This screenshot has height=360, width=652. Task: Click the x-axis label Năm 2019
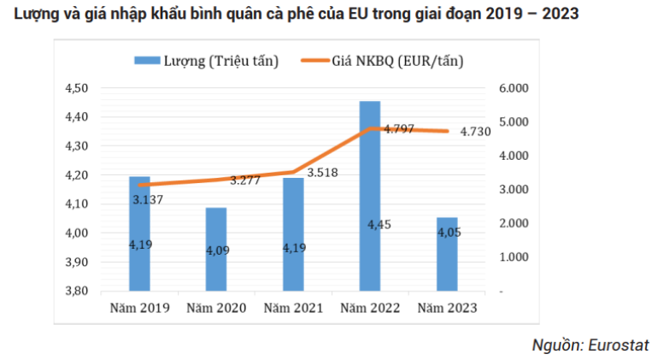coord(138,307)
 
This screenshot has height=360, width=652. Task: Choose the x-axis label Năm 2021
coord(292,307)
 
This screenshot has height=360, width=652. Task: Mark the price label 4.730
coord(475,131)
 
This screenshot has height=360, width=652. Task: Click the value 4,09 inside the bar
coord(218,251)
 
